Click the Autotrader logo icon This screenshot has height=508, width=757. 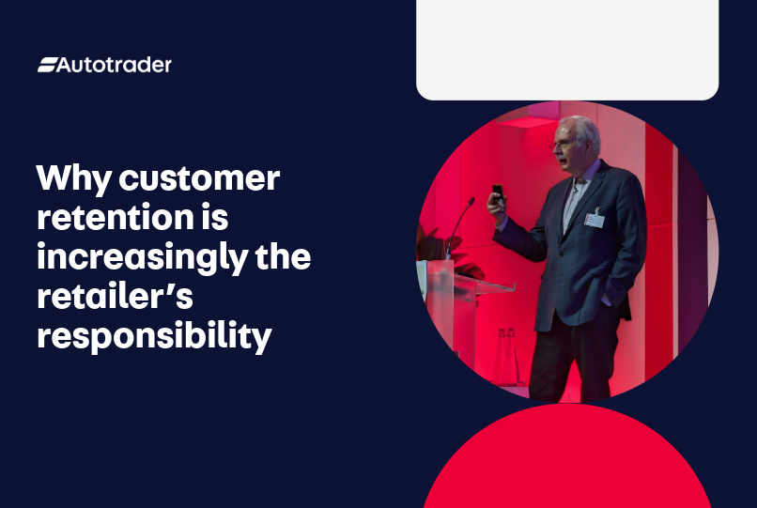click(x=47, y=65)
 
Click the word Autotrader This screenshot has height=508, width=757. click(x=115, y=65)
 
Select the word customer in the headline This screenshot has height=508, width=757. click(x=200, y=178)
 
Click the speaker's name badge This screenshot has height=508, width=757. click(x=594, y=219)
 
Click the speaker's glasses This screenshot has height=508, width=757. click(x=565, y=143)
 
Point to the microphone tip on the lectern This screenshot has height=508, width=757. click(x=471, y=201)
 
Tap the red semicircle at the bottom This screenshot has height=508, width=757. click(x=567, y=465)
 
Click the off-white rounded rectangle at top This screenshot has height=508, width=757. click(x=567, y=47)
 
